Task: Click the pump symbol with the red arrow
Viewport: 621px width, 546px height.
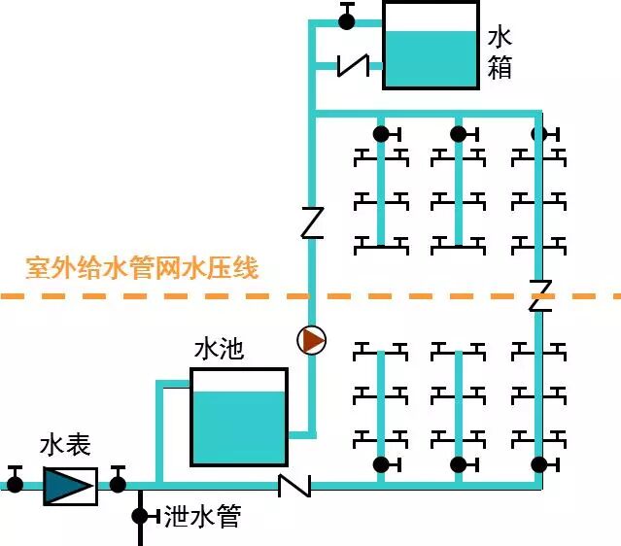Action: tap(312, 340)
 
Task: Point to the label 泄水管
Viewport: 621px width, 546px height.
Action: tap(201, 516)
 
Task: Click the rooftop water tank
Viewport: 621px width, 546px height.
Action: tap(431, 46)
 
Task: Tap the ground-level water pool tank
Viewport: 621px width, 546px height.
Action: tap(238, 416)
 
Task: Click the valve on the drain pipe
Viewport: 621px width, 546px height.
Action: tap(140, 515)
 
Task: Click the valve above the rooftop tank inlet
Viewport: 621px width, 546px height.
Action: tap(347, 19)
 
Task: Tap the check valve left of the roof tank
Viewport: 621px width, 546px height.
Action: tap(353, 65)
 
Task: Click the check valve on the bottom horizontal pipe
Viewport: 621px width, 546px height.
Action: tap(293, 484)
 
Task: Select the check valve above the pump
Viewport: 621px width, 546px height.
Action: tap(311, 222)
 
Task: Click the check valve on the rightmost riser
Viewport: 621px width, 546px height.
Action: tap(540, 294)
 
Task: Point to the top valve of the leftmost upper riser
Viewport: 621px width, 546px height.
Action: tap(381, 133)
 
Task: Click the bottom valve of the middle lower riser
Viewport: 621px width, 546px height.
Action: tap(459, 464)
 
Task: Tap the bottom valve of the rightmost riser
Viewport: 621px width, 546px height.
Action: tap(538, 464)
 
